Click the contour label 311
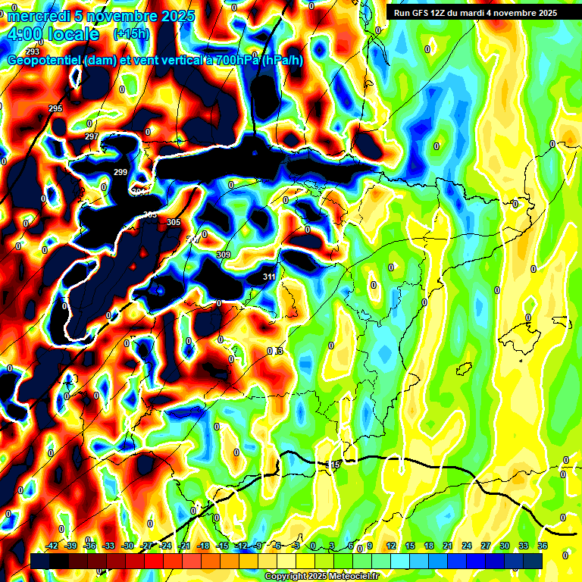point(269,277)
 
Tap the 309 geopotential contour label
point(224,255)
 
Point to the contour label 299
point(120,173)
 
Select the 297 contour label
point(92,136)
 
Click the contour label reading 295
point(55,109)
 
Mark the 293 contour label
point(33,52)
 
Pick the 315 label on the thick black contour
point(333,464)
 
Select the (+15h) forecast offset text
point(131,34)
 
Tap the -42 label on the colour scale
point(52,546)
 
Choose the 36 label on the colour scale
point(543,546)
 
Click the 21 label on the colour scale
point(447,546)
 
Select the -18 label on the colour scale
point(203,546)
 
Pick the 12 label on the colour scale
point(391,546)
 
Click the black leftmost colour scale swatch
point(40,560)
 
